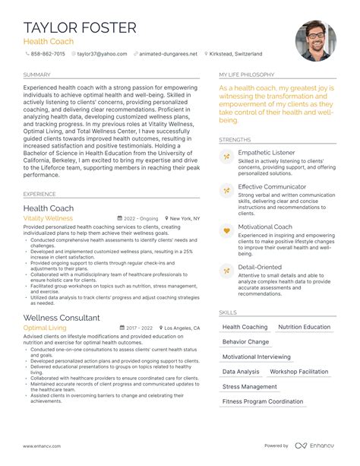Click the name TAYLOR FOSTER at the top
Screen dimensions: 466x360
click(80, 28)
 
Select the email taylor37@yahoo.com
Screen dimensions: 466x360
click(102, 55)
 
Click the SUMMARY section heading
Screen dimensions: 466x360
click(37, 75)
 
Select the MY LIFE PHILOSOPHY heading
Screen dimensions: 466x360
click(248, 75)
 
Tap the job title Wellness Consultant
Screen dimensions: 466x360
click(62, 317)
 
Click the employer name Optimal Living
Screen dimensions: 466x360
click(45, 328)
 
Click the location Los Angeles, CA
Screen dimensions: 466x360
click(182, 328)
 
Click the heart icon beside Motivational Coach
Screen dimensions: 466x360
click(226, 229)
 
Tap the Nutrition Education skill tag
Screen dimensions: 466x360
click(304, 327)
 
